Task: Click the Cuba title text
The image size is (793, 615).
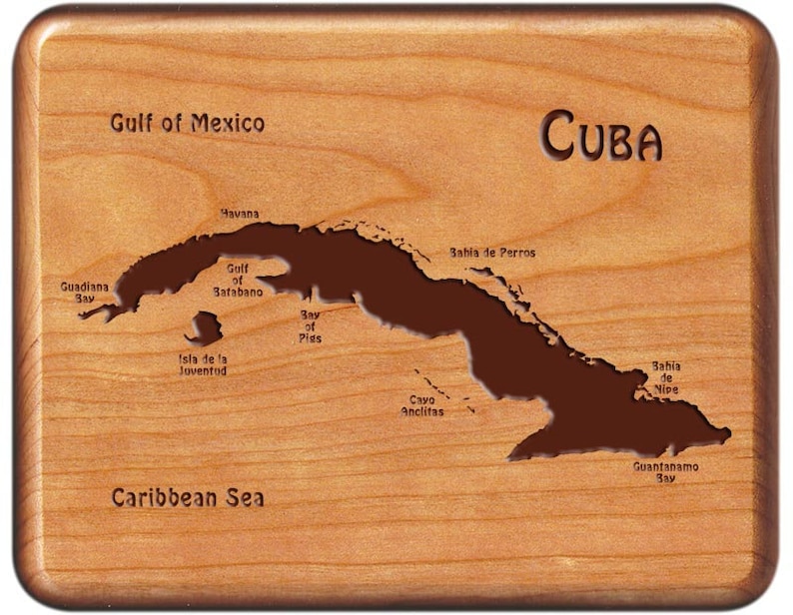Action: [601, 136]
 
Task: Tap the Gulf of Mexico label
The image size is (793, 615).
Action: [187, 123]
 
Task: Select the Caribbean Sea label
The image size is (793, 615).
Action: [187, 497]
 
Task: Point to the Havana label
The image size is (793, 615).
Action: [240, 214]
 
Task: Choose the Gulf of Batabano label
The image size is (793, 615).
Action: [238, 281]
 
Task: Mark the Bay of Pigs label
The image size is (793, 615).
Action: [310, 326]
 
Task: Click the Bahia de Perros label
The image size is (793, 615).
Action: [491, 253]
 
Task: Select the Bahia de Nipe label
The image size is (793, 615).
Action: [666, 378]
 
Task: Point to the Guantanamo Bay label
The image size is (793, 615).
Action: [666, 471]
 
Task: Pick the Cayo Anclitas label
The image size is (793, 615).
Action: [422, 405]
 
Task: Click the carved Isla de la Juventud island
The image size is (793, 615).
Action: [206, 327]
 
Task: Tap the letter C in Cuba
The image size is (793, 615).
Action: [558, 135]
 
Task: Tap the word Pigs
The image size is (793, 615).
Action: [310, 338]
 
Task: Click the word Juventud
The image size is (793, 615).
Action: [203, 370]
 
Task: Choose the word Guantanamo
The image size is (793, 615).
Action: [666, 466]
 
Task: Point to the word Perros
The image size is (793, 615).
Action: [514, 253]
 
